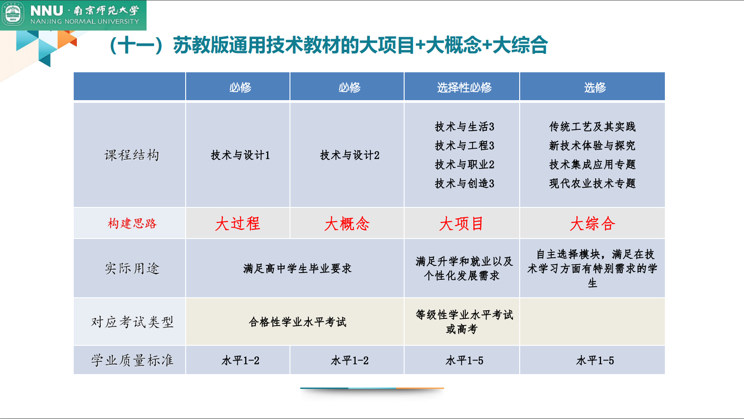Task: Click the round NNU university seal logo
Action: tap(13, 14)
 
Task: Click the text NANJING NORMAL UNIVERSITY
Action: tap(85, 21)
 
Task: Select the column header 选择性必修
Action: tap(464, 88)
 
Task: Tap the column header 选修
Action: tap(595, 88)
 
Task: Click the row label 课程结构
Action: tap(132, 155)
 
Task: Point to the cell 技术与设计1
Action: tap(240, 155)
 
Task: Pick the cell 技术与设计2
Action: tap(349, 155)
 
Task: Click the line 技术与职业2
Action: tap(464, 164)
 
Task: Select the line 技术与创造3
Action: tap(464, 184)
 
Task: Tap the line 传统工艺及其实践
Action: tap(592, 127)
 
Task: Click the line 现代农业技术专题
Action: tap(592, 184)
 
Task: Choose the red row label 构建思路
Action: tap(132, 223)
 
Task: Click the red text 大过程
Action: tap(237, 223)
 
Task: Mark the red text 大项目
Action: tap(461, 223)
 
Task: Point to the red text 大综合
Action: tap(593, 223)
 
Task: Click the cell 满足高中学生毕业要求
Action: tap(297, 269)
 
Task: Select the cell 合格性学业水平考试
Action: tap(297, 322)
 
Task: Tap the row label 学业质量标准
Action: tap(132, 360)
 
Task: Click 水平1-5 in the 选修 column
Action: tap(595, 360)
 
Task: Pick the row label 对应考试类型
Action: tap(132, 322)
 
